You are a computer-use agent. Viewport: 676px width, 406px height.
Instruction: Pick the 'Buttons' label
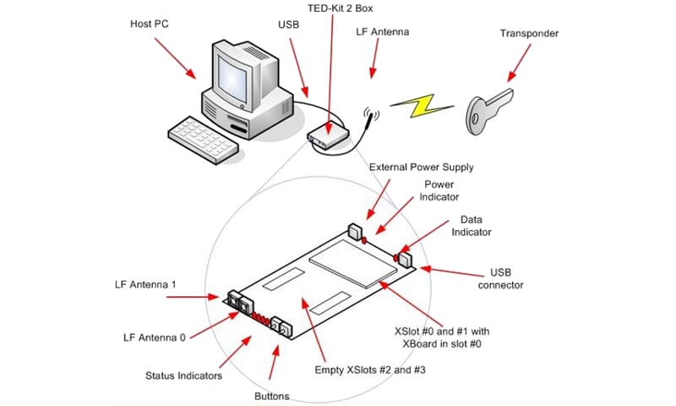[x=271, y=396]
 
